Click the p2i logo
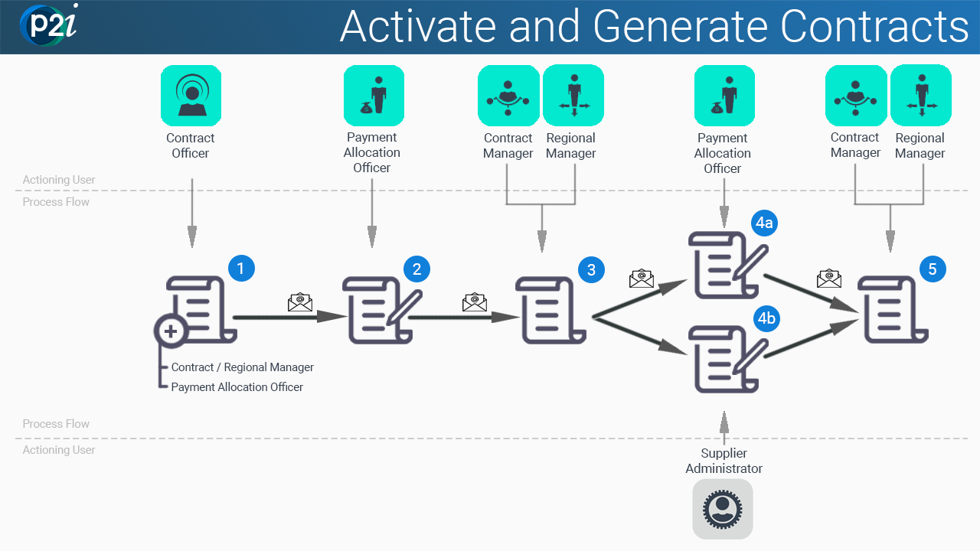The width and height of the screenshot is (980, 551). [48, 24]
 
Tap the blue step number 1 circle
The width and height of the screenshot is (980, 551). [241, 268]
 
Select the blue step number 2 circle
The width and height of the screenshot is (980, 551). [416, 269]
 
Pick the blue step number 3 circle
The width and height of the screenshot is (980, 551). [591, 270]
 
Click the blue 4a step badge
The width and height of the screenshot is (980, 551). [764, 223]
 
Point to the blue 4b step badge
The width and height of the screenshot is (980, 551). [766, 318]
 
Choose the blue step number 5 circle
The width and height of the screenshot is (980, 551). [933, 269]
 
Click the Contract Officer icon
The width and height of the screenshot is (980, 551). [191, 96]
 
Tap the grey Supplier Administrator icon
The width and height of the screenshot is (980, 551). [723, 509]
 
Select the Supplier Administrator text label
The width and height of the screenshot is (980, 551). [724, 461]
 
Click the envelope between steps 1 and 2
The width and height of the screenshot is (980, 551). [300, 302]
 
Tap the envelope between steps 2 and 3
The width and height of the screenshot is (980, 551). [475, 302]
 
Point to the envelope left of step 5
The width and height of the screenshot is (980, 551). [829, 279]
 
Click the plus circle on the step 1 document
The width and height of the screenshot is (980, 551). [171, 331]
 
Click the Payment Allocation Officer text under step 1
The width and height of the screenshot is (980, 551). [237, 387]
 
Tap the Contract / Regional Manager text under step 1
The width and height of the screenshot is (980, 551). [243, 367]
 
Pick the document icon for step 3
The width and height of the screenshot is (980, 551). [550, 310]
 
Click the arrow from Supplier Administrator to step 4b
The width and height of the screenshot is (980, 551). [724, 428]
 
